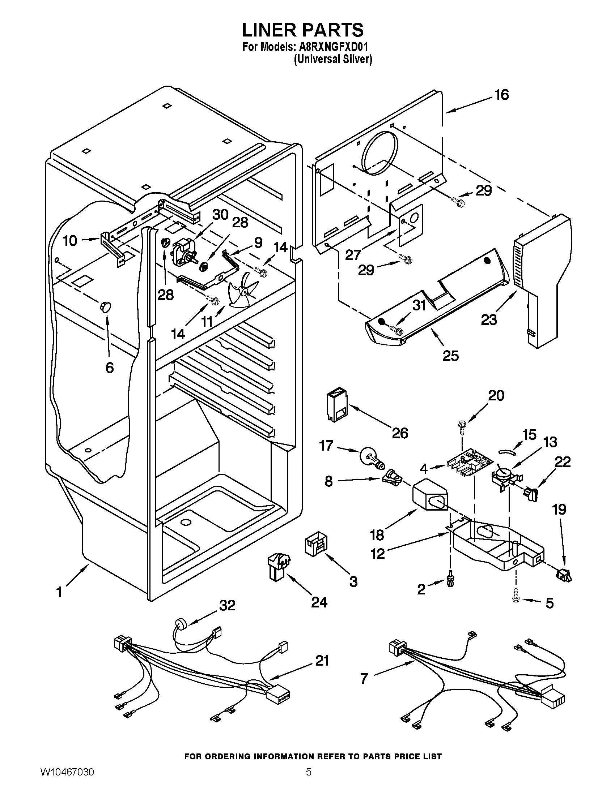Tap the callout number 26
[x=400, y=433]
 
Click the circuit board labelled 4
[x=470, y=465]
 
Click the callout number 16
[x=501, y=95]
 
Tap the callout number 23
[x=488, y=319]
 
